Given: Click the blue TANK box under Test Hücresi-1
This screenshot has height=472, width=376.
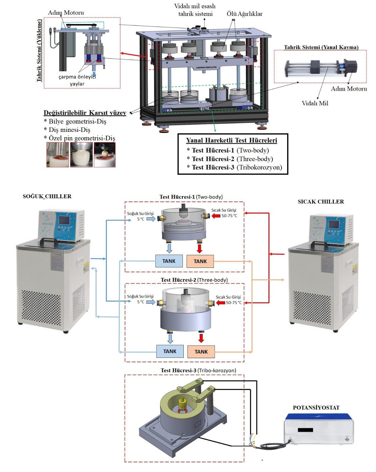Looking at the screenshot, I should pos(169,261).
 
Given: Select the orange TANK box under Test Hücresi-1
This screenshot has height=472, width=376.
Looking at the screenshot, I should pos(200,261).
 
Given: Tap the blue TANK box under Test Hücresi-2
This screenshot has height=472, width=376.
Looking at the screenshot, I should pos(170,351).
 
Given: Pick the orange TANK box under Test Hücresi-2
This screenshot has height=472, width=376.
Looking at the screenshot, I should pos(201,352).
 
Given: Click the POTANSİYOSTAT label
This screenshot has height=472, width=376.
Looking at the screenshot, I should pos(316,408).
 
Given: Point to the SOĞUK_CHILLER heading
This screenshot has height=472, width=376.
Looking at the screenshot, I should pos(47,196).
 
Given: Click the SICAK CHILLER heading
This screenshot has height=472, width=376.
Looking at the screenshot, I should pos(321,202).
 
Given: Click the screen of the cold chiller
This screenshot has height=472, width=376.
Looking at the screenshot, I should pos(65,221).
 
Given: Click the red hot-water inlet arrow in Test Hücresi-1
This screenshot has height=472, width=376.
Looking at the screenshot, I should pos(216,216).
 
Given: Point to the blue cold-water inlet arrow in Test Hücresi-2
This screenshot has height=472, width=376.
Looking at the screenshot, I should pos(151,302).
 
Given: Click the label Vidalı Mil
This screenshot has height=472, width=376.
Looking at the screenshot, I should pos(315,103).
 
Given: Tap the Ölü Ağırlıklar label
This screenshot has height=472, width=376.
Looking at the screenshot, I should pos(245,14).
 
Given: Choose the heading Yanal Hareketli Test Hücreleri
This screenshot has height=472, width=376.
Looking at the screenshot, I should pos(232,140).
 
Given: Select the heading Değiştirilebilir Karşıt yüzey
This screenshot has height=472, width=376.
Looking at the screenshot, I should pos(85,113).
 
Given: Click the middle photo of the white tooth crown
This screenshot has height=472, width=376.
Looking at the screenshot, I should pos(81,155).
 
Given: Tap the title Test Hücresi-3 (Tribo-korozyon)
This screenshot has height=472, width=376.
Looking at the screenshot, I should pos(198,370).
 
